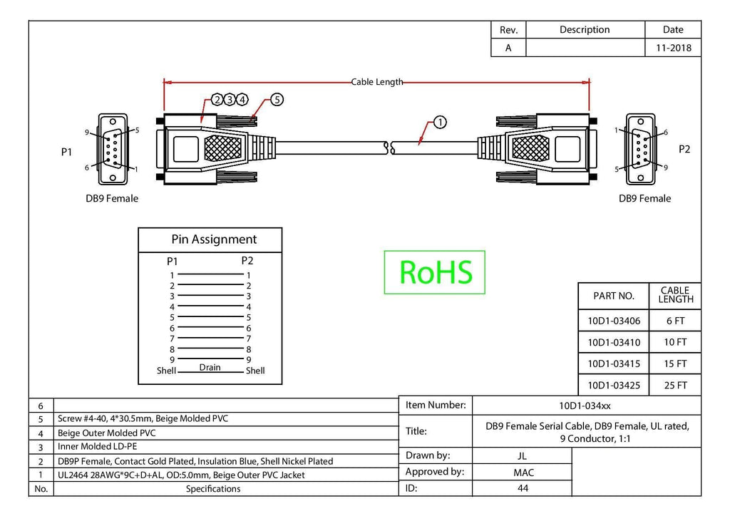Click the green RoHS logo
(435, 272)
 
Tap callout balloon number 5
(277, 100)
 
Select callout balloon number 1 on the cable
(440, 123)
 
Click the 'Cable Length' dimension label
(377, 82)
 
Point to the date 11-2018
(673, 48)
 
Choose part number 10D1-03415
(614, 364)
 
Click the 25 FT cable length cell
(676, 386)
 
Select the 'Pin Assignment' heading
(214, 239)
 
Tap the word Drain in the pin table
(210, 367)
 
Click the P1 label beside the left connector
(66, 152)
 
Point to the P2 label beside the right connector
(684, 150)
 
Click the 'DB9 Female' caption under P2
(644, 199)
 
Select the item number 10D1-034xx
(585, 406)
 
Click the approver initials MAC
(523, 473)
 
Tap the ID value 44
(523, 488)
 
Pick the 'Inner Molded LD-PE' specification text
(97, 447)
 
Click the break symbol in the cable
(390, 148)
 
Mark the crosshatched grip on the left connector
(223, 148)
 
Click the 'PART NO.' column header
(614, 296)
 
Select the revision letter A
(508, 48)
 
